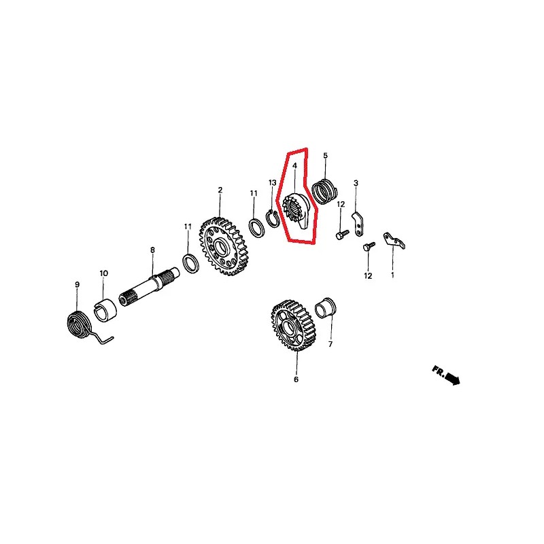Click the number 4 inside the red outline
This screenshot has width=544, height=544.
pos(294,166)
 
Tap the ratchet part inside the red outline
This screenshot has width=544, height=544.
pos(295,211)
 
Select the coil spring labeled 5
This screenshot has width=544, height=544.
pos(324,191)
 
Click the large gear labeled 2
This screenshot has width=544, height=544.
pos(224,246)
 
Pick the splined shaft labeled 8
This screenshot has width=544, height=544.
pos(149,286)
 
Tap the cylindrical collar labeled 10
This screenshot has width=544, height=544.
pos(106,310)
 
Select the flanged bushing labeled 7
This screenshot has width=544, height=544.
pos(326,307)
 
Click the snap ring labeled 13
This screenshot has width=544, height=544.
pos(271,219)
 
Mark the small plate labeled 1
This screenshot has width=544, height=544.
pos(394,241)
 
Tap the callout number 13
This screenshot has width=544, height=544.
pos(273,182)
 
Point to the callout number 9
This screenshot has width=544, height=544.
pos(77,284)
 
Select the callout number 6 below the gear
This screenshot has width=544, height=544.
pos(296,379)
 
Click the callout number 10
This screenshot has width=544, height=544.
pos(104,273)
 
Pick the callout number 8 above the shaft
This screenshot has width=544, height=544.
pos(152,250)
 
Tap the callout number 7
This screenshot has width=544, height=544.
pos(330,344)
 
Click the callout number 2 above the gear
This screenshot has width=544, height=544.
pos(220,190)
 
